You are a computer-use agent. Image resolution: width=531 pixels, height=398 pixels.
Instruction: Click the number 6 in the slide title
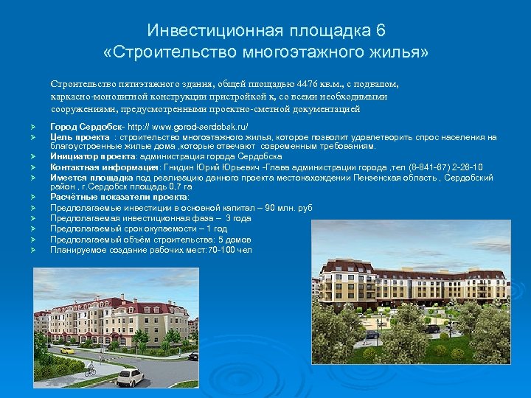point(380,31)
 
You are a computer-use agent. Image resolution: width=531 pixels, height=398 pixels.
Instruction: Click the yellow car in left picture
point(67,350)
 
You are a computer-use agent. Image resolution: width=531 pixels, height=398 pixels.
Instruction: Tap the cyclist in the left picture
point(90,368)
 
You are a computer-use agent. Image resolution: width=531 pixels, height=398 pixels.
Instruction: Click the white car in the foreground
point(130,377)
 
